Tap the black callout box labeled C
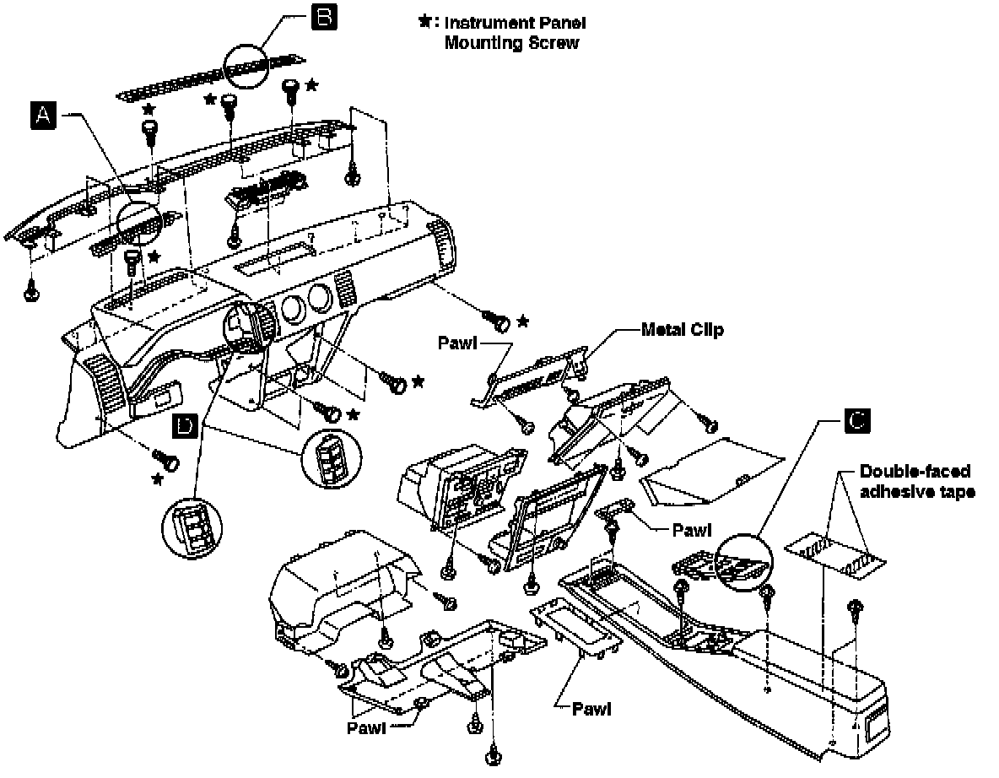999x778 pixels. (x=856, y=422)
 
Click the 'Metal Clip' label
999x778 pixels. (x=682, y=330)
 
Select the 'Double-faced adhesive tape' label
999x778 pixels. (x=915, y=481)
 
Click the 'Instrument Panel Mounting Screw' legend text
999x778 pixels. (x=514, y=32)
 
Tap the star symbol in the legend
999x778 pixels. (x=424, y=22)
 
